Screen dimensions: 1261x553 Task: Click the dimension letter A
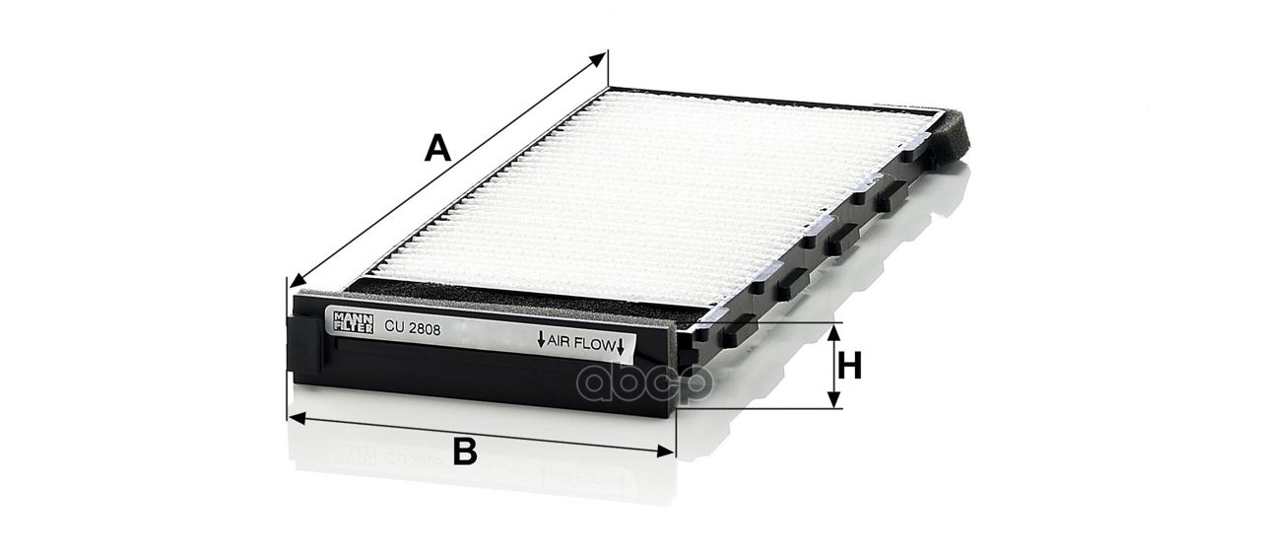[x=437, y=148]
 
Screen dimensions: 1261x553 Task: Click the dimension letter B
[x=465, y=451]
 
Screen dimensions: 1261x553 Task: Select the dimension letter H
[x=850, y=366]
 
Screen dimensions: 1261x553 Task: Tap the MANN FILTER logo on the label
[x=353, y=322]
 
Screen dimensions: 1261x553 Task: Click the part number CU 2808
[x=412, y=327]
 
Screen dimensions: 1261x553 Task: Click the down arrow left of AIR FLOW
[x=541, y=339]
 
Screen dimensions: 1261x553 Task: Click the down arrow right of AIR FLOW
[x=621, y=347]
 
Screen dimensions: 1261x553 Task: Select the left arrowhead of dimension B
[x=297, y=418]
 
